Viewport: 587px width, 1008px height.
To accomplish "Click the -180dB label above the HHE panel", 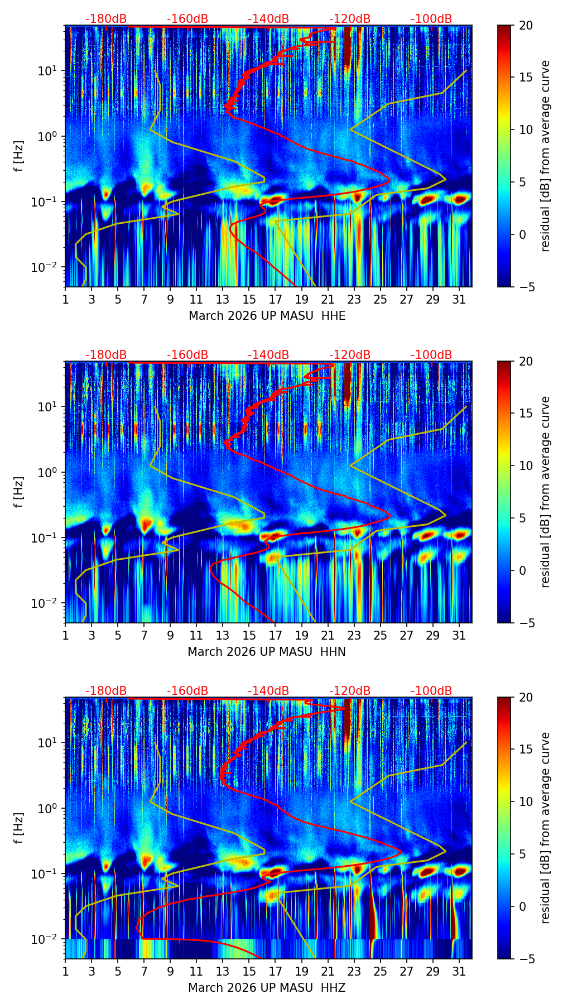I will click(x=106, y=19).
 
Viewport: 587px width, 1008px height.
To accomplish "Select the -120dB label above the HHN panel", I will click(x=350, y=355).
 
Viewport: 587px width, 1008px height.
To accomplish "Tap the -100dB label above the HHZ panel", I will click(x=431, y=691).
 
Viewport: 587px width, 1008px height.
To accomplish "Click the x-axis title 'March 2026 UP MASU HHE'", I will click(x=267, y=316).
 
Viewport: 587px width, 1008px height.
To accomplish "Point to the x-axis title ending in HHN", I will click(x=266, y=652).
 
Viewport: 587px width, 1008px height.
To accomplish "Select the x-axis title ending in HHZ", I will click(x=267, y=988).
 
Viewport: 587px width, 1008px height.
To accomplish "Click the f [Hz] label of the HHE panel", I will click(x=19, y=156).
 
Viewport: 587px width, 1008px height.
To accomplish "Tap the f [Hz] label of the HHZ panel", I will click(x=19, y=828).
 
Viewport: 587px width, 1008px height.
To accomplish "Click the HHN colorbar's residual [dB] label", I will click(x=546, y=492).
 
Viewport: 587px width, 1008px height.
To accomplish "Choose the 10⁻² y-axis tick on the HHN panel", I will click(x=49, y=603).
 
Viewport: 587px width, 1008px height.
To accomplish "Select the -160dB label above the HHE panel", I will click(x=187, y=19).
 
